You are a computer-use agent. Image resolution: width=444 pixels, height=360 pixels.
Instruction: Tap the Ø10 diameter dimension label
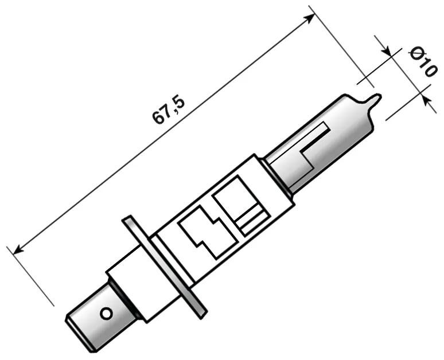(423, 62)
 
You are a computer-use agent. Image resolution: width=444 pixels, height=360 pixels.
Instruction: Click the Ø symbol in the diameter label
(416, 54)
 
